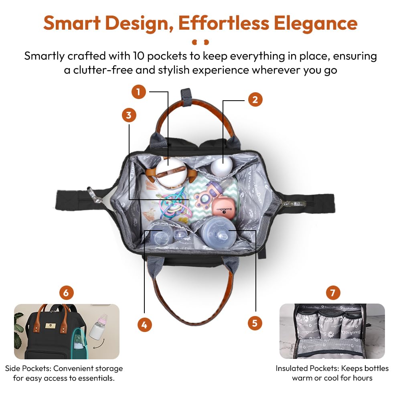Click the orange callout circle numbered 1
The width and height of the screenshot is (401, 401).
click(x=139, y=92)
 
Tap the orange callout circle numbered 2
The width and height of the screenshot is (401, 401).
click(x=255, y=99)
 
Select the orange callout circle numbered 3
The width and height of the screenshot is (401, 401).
click(x=129, y=115)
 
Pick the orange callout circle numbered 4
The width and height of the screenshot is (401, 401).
click(x=144, y=325)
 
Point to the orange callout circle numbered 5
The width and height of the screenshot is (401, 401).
click(x=255, y=323)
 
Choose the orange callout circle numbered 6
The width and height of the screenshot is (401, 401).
click(x=67, y=293)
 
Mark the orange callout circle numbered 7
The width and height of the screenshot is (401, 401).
click(x=333, y=293)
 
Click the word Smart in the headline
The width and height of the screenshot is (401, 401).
click(x=72, y=23)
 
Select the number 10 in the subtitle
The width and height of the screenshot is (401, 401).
click(x=139, y=56)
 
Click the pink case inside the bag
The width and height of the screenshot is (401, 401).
click(x=223, y=208)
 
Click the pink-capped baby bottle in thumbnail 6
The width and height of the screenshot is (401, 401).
click(x=99, y=326)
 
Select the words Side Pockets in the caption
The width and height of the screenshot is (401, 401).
click(x=28, y=369)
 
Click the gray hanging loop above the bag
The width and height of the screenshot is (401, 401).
click(x=186, y=97)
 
